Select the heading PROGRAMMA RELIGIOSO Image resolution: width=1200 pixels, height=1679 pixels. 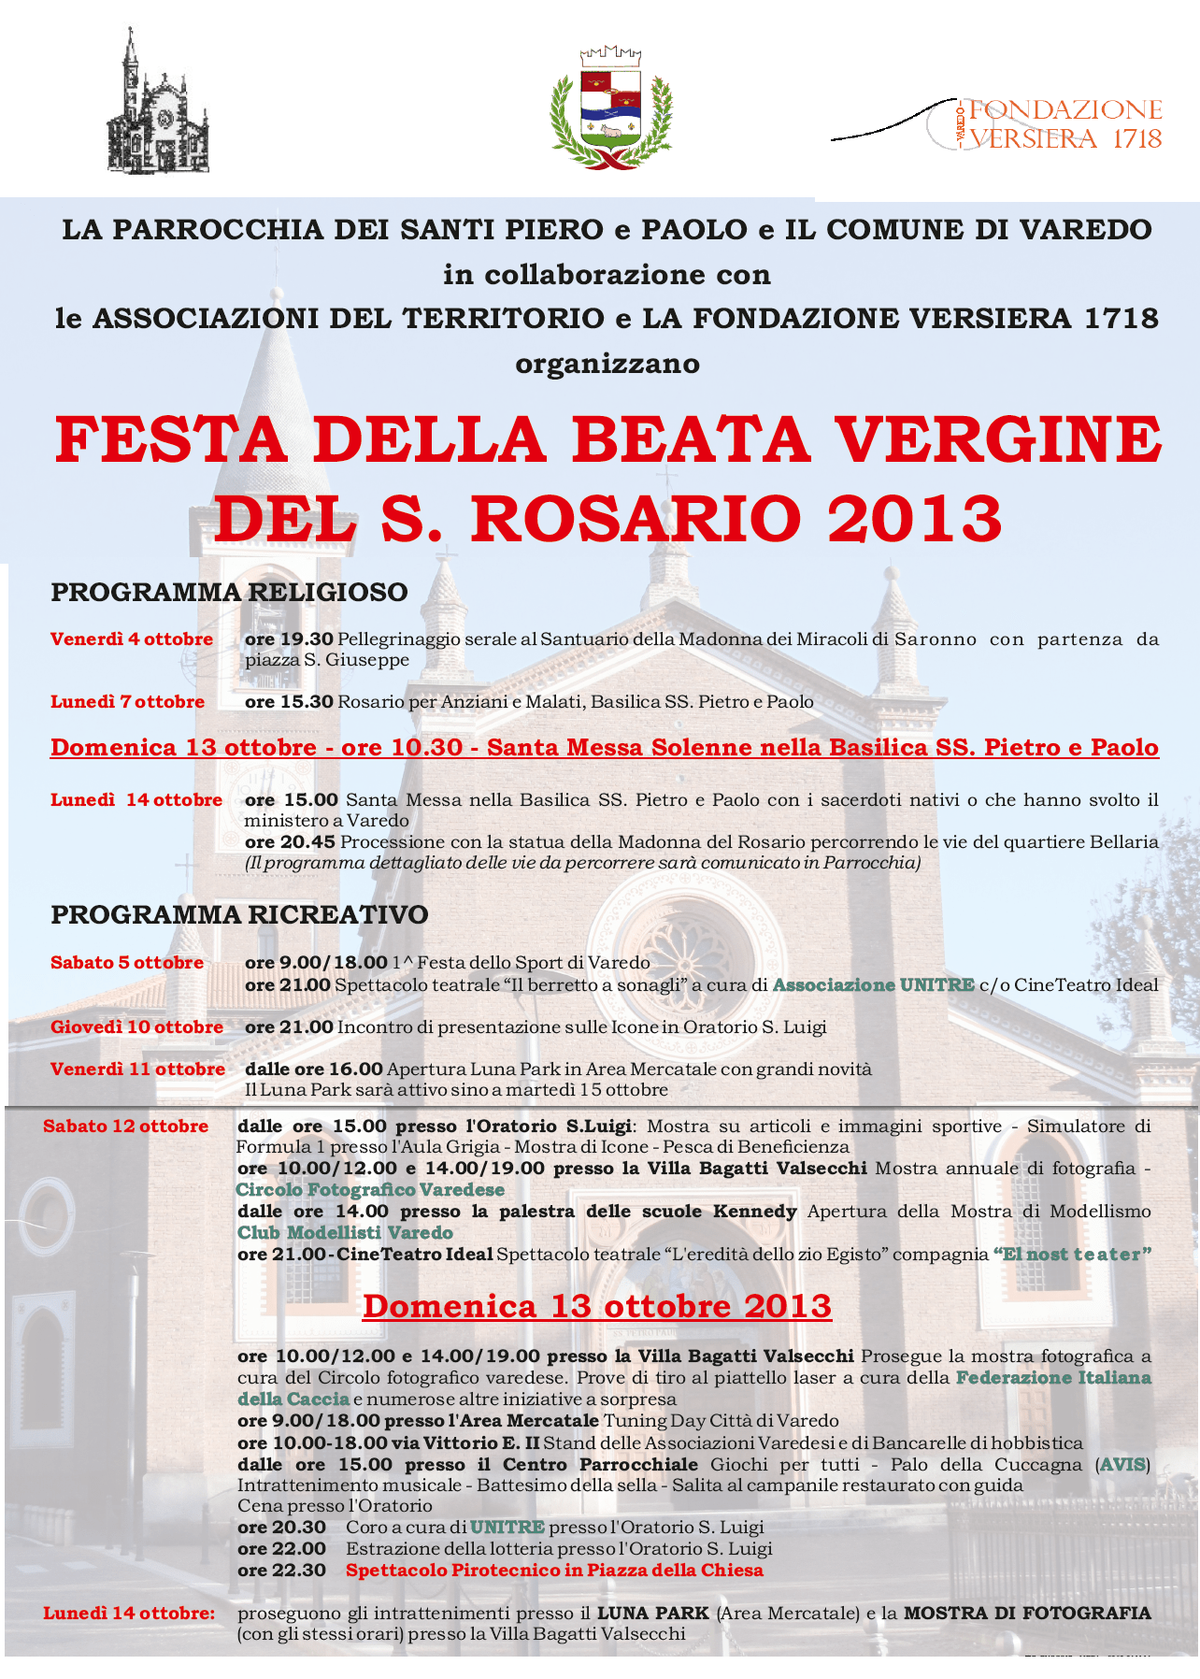click(x=229, y=592)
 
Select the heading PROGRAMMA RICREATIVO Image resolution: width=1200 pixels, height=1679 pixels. click(x=239, y=914)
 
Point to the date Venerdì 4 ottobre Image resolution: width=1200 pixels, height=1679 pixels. click(x=132, y=639)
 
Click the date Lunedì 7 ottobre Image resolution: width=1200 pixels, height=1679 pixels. click(x=127, y=702)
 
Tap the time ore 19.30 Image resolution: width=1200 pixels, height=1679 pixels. click(x=289, y=639)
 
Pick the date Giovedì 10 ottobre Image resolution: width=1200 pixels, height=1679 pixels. click(x=136, y=1026)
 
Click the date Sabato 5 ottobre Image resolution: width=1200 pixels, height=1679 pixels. click(x=127, y=963)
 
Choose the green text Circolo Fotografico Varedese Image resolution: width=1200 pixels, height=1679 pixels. click(x=370, y=1190)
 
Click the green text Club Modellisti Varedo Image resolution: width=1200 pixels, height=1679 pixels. click(x=345, y=1233)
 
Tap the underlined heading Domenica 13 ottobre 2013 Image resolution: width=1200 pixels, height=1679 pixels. click(x=596, y=1306)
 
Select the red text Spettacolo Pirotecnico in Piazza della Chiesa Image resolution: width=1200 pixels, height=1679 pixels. click(x=554, y=1571)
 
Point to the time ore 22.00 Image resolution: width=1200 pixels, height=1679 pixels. click(x=281, y=1549)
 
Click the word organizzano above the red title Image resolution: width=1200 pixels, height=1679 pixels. click(x=607, y=364)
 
